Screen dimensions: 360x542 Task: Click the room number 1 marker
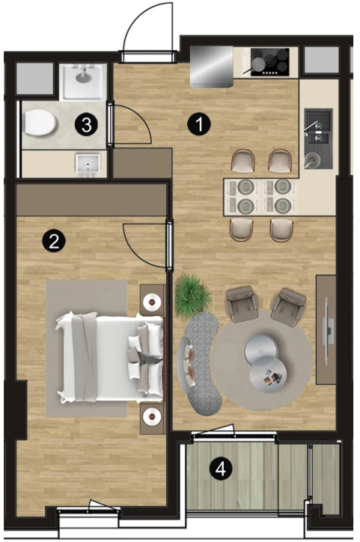coord(199,124)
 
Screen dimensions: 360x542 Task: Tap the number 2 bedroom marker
coord(54,241)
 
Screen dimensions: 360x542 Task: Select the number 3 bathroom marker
coord(86,124)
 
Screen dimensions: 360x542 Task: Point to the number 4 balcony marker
coord(221,469)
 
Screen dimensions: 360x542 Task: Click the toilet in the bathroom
coord(39,123)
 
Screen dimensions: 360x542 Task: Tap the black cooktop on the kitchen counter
coord(270,62)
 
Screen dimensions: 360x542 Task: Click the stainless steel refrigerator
coord(212,67)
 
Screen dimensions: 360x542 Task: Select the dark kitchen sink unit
coord(318,138)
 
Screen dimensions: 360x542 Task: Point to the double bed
coord(110,358)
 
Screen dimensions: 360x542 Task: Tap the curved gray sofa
coord(200,362)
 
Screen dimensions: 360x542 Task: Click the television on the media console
coord(328,331)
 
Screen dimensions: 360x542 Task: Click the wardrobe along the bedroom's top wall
coord(91,200)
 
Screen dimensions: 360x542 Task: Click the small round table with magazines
coord(268,375)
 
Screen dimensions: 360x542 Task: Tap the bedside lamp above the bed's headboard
coord(152,302)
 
